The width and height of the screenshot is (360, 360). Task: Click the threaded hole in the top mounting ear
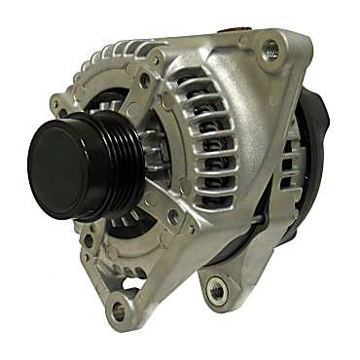pos(270,50)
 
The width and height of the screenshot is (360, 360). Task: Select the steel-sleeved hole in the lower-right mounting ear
pos(216,289)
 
